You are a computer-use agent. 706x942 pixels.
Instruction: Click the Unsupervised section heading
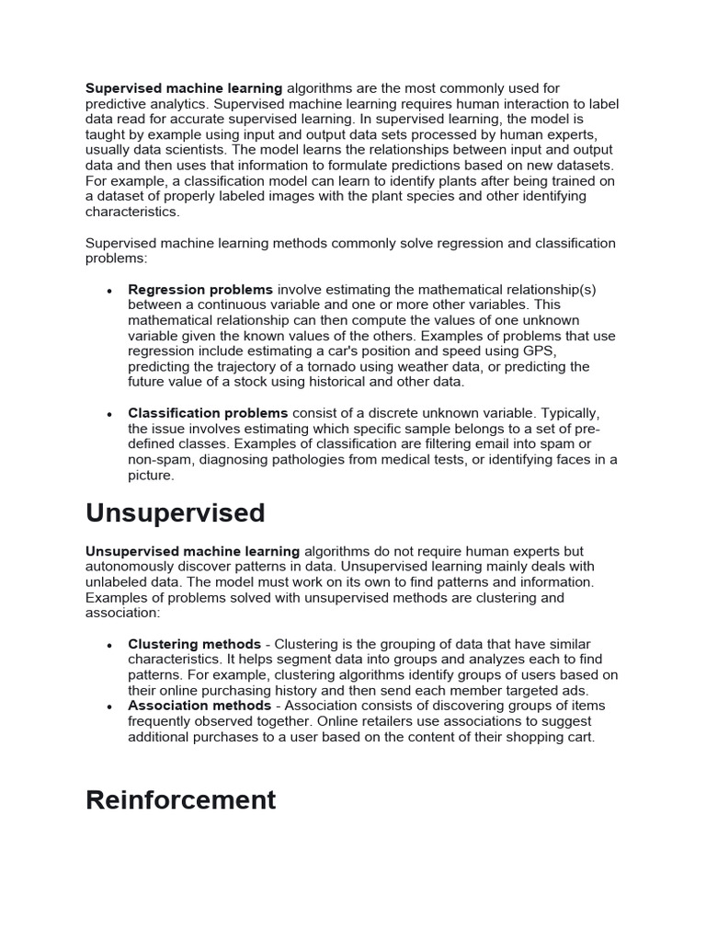point(175,513)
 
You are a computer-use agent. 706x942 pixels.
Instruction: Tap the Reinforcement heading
point(181,800)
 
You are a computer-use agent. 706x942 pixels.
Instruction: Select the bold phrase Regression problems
point(200,290)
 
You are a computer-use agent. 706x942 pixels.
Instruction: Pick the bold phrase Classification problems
point(208,413)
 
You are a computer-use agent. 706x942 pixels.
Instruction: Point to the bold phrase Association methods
point(199,706)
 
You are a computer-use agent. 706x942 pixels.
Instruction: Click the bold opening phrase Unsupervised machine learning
point(193,551)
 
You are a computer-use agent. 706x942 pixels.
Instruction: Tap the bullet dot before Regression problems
point(109,291)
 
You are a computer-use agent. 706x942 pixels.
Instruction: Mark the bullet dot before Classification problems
point(109,414)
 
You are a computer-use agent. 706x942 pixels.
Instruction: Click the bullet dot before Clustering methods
point(109,645)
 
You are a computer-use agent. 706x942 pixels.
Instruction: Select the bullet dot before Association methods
point(109,707)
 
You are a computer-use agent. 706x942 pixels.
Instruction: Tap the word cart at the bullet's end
point(580,738)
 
